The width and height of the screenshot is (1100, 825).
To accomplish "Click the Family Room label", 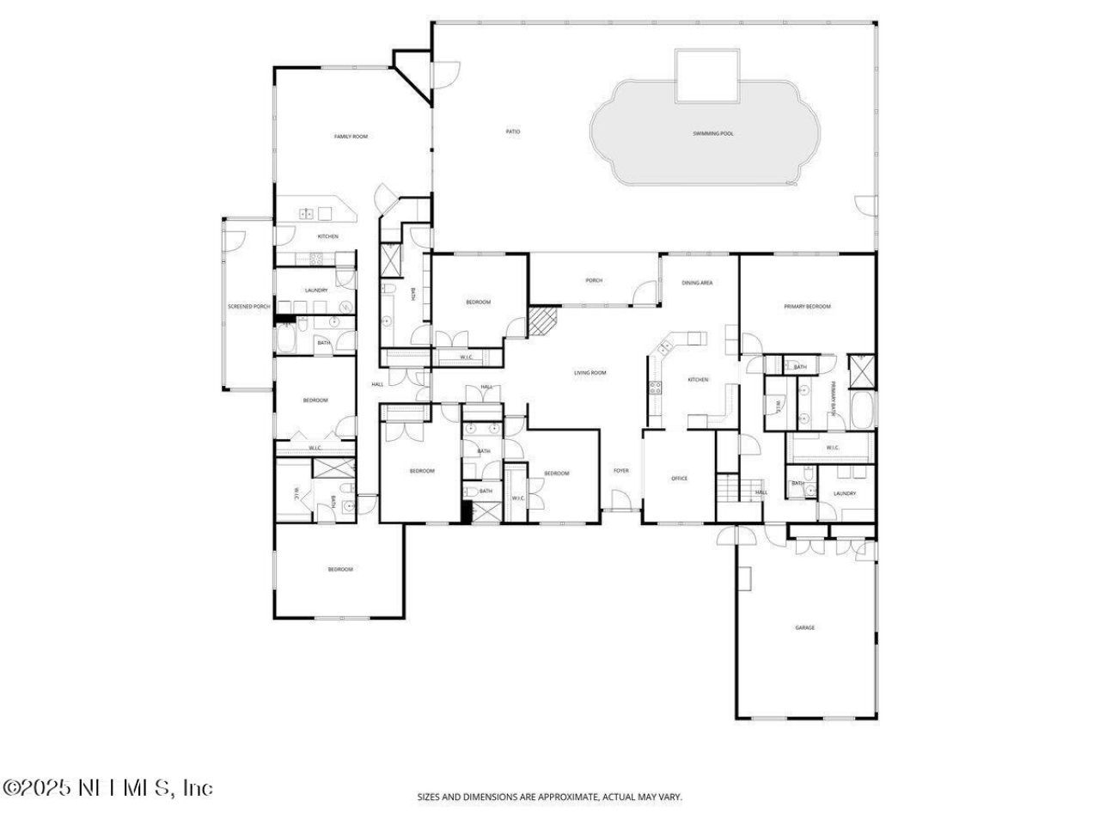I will click(x=351, y=137).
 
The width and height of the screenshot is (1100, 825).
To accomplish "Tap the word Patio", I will click(x=513, y=131).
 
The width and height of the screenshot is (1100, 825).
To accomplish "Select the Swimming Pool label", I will click(x=713, y=133).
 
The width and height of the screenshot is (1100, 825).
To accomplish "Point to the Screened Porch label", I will click(x=248, y=307).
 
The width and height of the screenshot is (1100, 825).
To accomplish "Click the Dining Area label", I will click(x=697, y=283).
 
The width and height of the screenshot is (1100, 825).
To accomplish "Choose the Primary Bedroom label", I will click(x=807, y=306).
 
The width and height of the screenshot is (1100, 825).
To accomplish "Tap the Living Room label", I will click(x=590, y=373).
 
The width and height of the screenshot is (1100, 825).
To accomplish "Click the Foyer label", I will click(x=620, y=470).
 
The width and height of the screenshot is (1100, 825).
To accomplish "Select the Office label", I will click(x=679, y=479).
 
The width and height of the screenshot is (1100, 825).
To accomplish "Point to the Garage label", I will click(x=804, y=628).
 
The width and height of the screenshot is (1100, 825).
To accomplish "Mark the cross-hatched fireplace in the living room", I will click(x=542, y=322).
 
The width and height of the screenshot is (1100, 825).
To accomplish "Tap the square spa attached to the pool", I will click(x=706, y=76).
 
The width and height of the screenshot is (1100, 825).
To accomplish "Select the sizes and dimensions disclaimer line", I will click(x=550, y=797).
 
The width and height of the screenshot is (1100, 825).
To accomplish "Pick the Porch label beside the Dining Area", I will click(x=594, y=280).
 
